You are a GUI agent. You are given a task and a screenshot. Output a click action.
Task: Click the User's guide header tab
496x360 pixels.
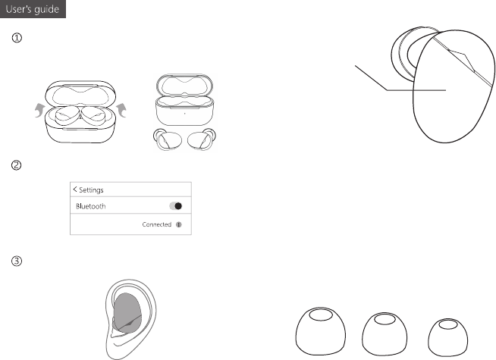point(33,9)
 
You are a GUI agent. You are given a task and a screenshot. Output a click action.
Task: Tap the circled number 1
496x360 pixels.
point(17,38)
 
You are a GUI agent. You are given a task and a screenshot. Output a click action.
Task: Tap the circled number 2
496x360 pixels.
point(17,165)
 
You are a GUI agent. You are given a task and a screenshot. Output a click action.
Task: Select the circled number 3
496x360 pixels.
point(17,261)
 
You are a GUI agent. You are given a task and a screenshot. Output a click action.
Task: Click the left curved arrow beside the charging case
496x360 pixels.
point(39,110)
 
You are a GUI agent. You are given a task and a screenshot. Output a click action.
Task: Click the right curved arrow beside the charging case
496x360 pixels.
point(122,110)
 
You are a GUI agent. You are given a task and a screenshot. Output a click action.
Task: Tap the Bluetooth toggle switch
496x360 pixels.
point(175,206)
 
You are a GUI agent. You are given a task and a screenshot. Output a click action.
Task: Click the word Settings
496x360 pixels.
point(91,190)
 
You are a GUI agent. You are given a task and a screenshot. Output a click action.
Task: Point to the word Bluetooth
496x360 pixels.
point(91,206)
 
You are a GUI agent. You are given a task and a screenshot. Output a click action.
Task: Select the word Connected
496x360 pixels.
point(156,224)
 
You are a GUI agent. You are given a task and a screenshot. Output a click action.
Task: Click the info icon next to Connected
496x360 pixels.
point(179,225)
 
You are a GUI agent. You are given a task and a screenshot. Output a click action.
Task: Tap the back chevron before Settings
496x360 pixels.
point(74,189)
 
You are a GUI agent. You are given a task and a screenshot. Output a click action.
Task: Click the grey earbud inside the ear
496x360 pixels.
point(127,312)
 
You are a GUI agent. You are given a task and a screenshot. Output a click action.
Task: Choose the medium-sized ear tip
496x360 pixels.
point(385,333)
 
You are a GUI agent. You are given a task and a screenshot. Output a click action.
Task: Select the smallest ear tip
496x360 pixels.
point(447,337)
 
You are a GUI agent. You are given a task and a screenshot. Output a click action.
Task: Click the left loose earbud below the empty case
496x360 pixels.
point(168,139)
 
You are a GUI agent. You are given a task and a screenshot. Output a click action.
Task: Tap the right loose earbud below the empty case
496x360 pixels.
point(202,139)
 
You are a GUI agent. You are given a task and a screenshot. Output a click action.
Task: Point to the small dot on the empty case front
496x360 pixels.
point(185,113)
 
